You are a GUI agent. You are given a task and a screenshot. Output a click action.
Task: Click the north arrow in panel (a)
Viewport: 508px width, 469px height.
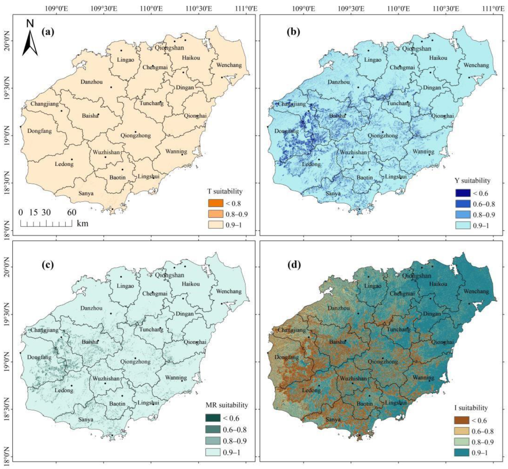[x=30, y=42]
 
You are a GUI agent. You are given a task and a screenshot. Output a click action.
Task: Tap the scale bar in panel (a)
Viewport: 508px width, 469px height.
[x=46, y=224]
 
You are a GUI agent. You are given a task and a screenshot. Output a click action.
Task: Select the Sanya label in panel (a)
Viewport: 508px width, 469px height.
[x=86, y=193]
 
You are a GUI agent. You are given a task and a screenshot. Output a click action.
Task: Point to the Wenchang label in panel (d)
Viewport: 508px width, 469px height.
[x=476, y=291]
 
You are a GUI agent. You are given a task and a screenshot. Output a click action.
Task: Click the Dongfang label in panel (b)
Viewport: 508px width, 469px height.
[x=286, y=131]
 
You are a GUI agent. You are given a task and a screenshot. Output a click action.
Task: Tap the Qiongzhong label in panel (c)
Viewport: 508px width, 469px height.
[x=136, y=361]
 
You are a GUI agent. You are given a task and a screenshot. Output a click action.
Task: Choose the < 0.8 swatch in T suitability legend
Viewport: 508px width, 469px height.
[x=215, y=203]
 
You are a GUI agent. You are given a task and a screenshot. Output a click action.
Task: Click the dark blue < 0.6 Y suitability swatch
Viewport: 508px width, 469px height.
[x=463, y=193]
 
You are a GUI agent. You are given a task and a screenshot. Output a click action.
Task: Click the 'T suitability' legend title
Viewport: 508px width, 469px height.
[x=225, y=191]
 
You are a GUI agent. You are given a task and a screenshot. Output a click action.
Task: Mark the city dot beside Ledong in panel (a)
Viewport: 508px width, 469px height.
[x=72, y=159]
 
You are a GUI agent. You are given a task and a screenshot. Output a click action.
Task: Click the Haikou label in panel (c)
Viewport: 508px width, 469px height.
[x=191, y=284]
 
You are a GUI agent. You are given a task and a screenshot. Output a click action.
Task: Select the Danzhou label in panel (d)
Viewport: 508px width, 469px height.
[x=338, y=308]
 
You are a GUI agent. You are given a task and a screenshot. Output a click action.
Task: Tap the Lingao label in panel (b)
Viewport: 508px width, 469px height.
[x=372, y=60]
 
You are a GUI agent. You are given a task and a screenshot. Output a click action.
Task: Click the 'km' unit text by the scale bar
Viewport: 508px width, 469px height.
[x=83, y=223]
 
